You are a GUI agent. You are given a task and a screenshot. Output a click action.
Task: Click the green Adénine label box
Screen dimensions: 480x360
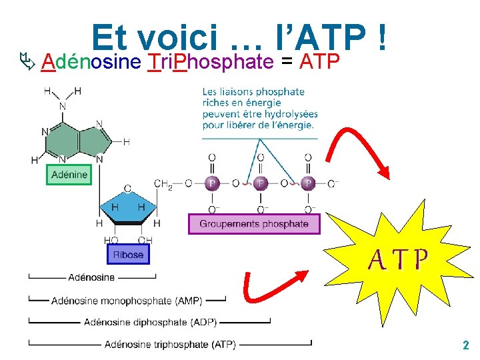68,175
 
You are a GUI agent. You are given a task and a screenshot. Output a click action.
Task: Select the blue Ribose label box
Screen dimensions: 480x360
128,254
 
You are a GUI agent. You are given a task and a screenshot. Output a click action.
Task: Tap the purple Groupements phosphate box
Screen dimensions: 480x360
254,224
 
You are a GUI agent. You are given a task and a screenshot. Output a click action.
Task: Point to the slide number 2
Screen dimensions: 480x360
465,345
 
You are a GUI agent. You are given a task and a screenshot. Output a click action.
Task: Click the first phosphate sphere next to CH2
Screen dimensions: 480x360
212,183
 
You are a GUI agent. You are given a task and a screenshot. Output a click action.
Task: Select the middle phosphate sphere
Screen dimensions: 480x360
261,183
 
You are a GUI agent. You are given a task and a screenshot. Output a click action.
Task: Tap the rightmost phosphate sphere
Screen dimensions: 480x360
307,183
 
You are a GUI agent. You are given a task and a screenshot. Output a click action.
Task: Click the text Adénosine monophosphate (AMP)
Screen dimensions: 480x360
127,300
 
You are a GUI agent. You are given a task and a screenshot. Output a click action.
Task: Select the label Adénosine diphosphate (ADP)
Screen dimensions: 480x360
150,322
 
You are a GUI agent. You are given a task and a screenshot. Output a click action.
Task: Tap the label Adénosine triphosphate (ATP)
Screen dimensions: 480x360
170,344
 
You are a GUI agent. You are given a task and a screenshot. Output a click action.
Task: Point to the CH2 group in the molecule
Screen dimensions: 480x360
163,183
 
